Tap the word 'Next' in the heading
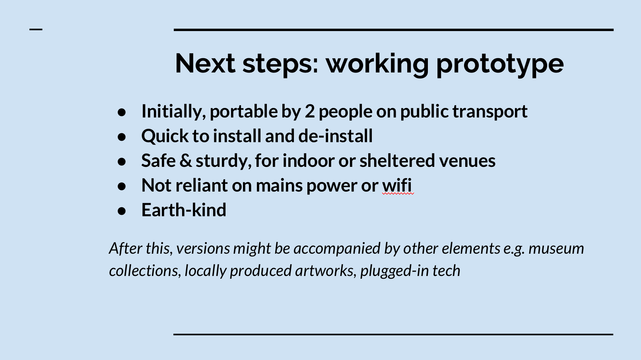(205, 63)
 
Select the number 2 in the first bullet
(310, 111)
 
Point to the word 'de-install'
(335, 135)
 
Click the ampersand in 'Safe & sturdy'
(186, 160)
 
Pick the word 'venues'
(467, 161)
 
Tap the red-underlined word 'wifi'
(397, 185)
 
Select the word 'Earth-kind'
(184, 210)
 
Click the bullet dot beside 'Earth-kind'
(122, 211)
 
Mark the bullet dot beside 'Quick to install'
(122, 137)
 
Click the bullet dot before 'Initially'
(122, 112)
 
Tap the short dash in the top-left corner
(36, 29)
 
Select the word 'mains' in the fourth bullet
(279, 186)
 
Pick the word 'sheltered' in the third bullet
(398, 160)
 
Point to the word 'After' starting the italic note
(126, 248)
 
